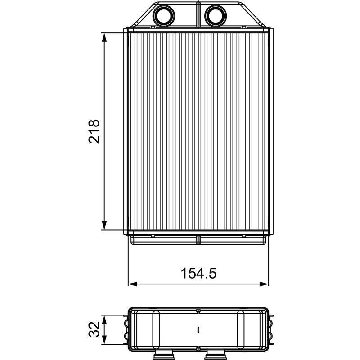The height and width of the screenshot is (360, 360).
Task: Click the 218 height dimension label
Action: [x=94, y=131]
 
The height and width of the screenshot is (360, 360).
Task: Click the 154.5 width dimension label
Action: [x=198, y=273]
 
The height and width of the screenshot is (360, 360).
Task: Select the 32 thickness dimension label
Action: [x=94, y=329]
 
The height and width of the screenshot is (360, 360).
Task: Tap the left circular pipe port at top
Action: [x=164, y=16]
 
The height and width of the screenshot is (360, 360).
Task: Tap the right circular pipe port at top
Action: [x=216, y=16]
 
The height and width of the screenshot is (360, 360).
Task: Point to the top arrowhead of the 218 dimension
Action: [x=104, y=37]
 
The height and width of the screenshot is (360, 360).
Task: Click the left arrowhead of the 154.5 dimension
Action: [x=133, y=284]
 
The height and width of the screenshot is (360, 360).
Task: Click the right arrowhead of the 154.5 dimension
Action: [x=264, y=284]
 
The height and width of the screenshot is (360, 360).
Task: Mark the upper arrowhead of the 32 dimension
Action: [x=104, y=319]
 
